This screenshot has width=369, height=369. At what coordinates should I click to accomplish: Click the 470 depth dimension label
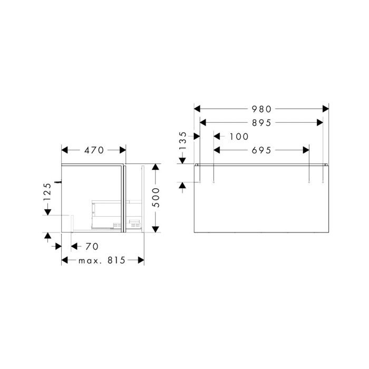pos(94,150)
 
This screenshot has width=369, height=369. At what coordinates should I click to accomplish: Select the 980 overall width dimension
pos(261,109)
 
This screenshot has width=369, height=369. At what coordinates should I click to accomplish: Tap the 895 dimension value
pos(261,123)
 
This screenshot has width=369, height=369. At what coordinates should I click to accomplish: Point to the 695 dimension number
pos(261,151)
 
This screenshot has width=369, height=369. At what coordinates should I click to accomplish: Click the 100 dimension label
pos(239,137)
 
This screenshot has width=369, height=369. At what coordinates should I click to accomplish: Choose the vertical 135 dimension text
pos(183,141)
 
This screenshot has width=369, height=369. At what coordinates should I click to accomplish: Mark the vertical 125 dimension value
pos(47,192)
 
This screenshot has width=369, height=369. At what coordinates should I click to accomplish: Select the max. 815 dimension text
pos(102,260)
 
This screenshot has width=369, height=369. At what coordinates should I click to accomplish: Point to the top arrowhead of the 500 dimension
pos(155,167)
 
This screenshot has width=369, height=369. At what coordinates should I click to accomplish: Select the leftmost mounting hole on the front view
pos(200,182)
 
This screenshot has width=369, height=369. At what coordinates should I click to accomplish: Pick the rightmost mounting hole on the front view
pos(322,182)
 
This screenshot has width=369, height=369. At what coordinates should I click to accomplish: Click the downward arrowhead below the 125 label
pos(47,212)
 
